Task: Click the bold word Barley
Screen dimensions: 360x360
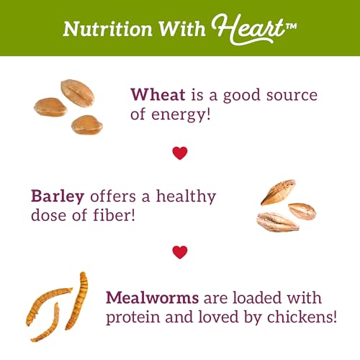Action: coord(56,196)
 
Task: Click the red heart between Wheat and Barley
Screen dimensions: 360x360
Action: coord(179,153)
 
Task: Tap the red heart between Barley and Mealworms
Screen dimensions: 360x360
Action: coord(179,252)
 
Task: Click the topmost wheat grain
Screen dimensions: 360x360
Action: coord(78,92)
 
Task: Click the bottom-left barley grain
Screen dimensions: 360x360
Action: coord(276,222)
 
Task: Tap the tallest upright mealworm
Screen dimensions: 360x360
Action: coord(77,300)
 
